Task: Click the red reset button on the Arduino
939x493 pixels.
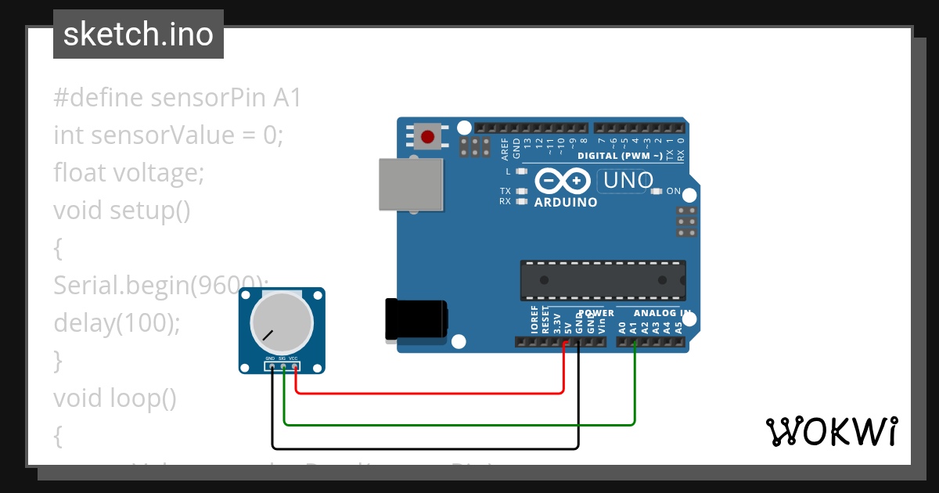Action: (427, 137)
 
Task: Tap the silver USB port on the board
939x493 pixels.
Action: (410, 185)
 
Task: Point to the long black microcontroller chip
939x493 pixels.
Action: (603, 280)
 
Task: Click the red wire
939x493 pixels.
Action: (430, 392)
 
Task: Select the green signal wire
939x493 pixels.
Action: (462, 425)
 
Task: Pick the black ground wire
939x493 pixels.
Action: (426, 448)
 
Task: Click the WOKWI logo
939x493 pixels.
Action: (831, 431)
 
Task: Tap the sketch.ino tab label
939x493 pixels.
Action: (139, 34)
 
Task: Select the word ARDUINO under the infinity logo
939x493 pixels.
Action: (566, 202)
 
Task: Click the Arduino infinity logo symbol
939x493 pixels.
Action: (563, 181)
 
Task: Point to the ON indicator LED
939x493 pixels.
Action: (656, 191)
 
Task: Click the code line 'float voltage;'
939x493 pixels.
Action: (128, 173)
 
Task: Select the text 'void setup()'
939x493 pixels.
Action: (121, 211)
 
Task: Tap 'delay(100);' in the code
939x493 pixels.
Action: (117, 323)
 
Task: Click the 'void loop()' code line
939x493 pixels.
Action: (115, 398)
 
